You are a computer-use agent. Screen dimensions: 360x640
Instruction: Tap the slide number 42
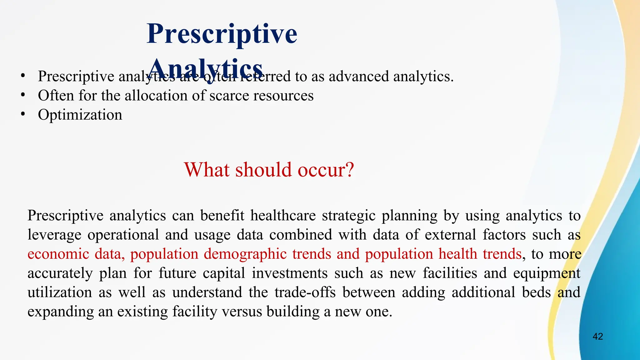point(597,337)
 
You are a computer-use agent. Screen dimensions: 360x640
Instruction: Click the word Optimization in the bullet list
point(80,115)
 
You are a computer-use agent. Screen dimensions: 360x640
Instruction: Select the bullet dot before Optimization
point(23,114)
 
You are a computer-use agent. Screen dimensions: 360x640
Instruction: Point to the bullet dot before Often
point(23,95)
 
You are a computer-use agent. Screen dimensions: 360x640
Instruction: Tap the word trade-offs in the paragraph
point(305,292)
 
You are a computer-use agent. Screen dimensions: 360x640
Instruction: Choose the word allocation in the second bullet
point(155,96)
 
